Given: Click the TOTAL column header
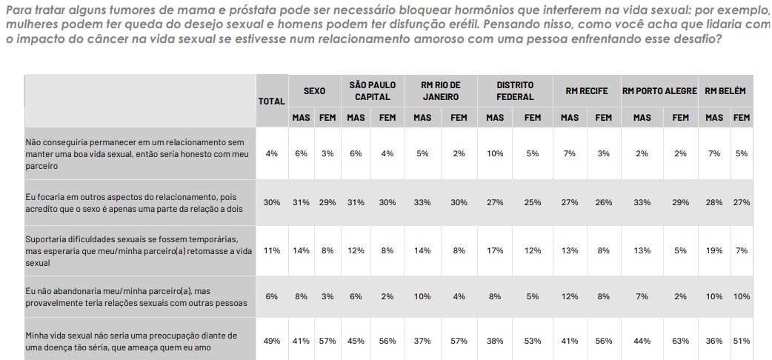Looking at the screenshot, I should tap(271, 101).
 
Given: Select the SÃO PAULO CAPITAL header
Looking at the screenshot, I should tap(372, 90).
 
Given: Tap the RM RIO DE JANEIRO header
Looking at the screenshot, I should tap(441, 90).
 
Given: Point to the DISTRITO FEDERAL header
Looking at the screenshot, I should tap(514, 90).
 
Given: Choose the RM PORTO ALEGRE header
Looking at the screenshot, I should tap(659, 91).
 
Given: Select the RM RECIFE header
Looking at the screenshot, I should tap(586, 91).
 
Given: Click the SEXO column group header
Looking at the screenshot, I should tap(314, 91).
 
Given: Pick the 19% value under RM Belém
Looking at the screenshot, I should tap(714, 251).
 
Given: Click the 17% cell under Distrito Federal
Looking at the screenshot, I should tap(495, 251).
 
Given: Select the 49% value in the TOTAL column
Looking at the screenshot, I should tap(271, 341).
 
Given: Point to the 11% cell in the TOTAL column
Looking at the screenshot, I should tap(271, 251).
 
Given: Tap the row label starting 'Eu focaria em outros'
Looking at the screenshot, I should tap(134, 202).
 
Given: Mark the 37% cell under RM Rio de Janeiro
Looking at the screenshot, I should tap(422, 341).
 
